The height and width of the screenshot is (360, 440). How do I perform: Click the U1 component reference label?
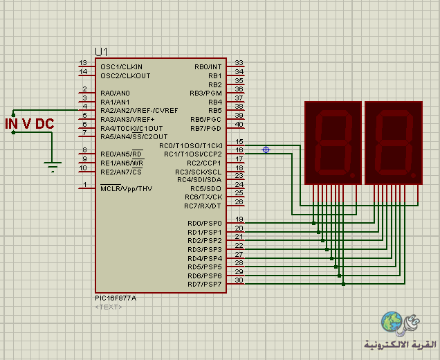(x=101, y=52)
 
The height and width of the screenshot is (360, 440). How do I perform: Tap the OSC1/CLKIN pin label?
(x=122, y=67)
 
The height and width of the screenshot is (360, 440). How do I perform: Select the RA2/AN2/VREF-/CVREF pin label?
(x=139, y=110)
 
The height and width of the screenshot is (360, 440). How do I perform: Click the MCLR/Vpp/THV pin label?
(x=127, y=188)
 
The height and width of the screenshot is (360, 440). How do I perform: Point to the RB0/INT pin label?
(x=208, y=67)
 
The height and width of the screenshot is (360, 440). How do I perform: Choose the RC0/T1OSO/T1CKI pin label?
(x=191, y=146)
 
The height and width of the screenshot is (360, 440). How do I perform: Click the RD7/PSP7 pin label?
(x=205, y=284)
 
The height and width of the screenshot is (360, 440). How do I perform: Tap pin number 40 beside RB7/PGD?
(x=239, y=124)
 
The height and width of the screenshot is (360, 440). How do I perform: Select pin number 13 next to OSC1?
(x=83, y=62)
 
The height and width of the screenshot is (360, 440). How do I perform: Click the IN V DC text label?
(x=30, y=124)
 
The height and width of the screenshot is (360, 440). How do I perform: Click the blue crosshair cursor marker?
(x=266, y=150)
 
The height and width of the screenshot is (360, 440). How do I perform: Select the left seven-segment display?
(x=333, y=143)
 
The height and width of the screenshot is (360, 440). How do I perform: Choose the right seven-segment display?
(x=394, y=143)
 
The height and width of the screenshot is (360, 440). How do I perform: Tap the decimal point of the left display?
(x=353, y=176)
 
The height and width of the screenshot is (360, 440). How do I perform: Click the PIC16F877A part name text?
(x=116, y=298)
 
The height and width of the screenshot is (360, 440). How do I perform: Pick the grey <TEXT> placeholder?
(x=109, y=307)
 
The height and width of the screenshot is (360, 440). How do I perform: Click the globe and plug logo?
(x=400, y=323)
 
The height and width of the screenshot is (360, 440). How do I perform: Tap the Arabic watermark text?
(x=400, y=344)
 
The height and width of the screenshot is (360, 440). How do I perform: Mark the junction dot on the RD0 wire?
(x=313, y=223)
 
